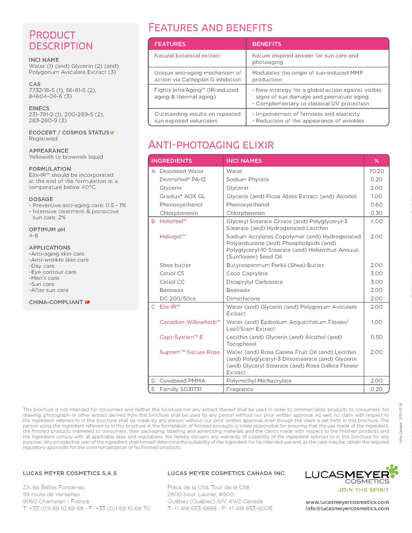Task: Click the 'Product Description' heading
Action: (61, 41)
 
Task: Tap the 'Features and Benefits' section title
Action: (210, 27)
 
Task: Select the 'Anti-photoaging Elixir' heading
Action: (211, 144)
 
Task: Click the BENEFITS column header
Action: (267, 44)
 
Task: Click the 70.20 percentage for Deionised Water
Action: (377, 171)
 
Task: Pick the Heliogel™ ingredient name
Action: (173, 236)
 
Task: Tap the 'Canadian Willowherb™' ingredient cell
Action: (190, 322)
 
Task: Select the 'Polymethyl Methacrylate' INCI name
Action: (259, 381)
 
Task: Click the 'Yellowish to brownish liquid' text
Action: (66, 157)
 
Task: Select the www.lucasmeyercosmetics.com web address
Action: (347, 502)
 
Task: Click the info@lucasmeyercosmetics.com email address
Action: (347, 508)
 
